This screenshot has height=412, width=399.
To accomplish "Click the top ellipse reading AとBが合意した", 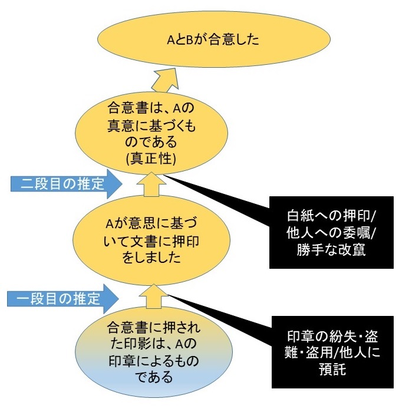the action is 213,39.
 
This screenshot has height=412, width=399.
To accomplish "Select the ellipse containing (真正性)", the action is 151,133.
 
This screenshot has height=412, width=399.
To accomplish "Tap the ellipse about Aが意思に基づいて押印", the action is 151,240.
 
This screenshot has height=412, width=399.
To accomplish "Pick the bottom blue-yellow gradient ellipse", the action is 154,351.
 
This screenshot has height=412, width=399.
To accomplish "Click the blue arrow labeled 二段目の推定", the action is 66,184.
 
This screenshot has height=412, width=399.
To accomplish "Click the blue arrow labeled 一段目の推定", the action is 63,299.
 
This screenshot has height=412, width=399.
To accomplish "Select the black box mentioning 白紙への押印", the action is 331,232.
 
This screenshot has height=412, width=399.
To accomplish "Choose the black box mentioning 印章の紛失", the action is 332,352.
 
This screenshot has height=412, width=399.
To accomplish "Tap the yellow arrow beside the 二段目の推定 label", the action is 151,184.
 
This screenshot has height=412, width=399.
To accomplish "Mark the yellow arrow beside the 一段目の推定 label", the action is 153,296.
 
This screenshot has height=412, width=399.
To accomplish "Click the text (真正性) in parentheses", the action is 151,159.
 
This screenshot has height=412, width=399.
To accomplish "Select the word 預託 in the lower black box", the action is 332,369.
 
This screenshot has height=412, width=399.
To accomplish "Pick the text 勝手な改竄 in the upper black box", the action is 331,249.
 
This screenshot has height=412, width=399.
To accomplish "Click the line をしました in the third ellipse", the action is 151,258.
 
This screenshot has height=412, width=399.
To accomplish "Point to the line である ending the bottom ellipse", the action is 154,377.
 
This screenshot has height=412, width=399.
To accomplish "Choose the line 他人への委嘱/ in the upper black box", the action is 332,232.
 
